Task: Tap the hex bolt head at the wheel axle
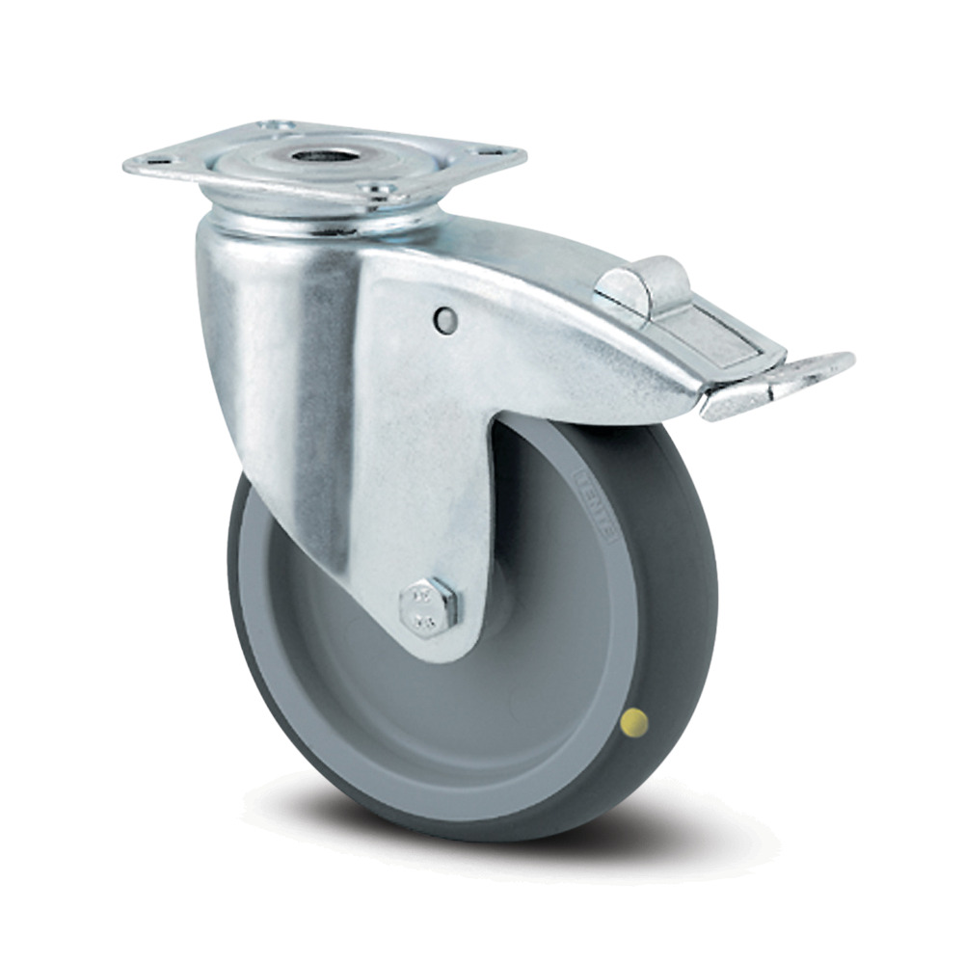click(x=428, y=605)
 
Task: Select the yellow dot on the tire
click(x=635, y=718)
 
